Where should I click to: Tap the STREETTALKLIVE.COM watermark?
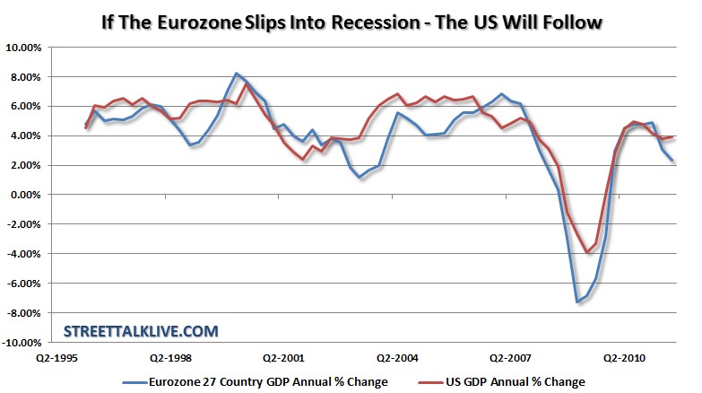[x=141, y=331]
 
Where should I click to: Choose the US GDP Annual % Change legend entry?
[x=519, y=381]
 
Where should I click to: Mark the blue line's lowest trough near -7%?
[x=577, y=301]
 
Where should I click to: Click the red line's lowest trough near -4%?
[x=587, y=253]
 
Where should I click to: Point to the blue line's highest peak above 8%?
[x=236, y=74]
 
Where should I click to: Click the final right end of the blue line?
[x=672, y=161]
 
